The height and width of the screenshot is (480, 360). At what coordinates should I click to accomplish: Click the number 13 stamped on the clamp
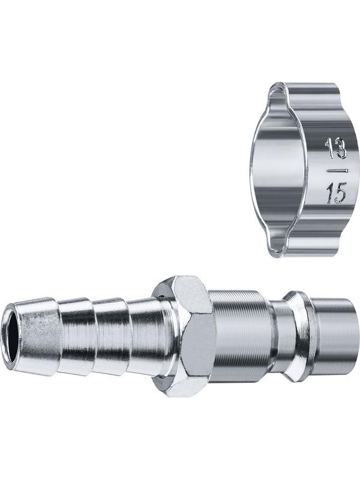335,148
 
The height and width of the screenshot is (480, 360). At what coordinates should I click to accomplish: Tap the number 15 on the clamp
336,193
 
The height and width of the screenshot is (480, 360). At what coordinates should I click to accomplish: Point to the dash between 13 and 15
337,170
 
